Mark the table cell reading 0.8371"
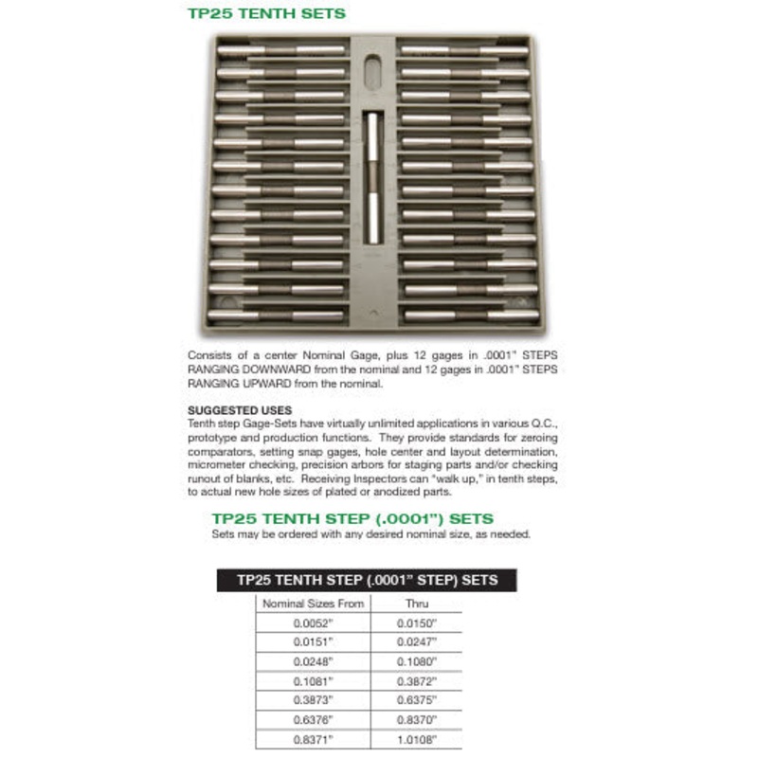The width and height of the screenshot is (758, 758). pyautogui.click(x=313, y=740)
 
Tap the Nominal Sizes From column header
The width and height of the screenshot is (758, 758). pyautogui.click(x=313, y=604)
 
